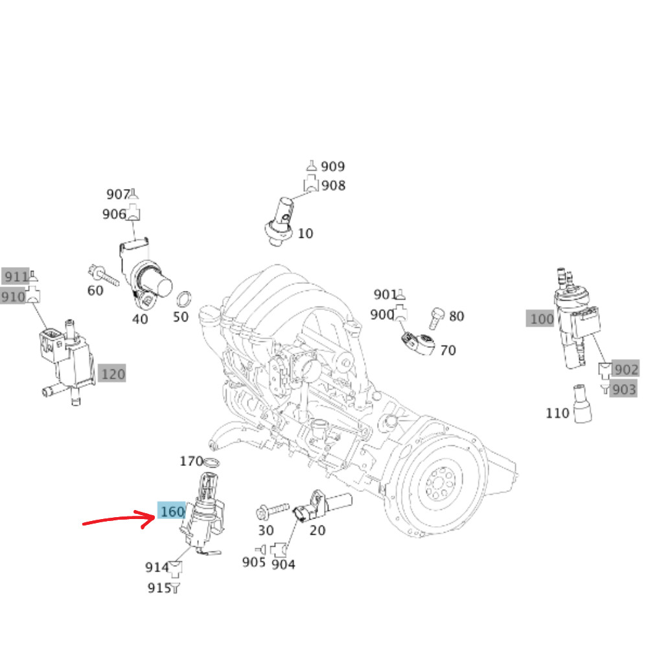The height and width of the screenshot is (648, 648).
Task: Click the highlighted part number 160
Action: (172, 512)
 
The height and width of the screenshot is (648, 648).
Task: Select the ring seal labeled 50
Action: (185, 300)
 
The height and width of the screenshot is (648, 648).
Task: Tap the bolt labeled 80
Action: (435, 318)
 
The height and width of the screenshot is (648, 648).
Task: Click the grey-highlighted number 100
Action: (542, 319)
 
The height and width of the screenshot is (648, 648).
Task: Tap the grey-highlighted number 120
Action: (113, 374)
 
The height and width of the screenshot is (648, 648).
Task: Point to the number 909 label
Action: (332, 167)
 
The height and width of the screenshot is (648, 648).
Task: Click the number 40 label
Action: (140, 318)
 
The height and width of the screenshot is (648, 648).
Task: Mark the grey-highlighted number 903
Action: (624, 389)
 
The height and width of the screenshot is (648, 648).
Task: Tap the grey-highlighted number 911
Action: (16, 277)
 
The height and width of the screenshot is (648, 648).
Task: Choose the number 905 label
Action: (254, 562)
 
